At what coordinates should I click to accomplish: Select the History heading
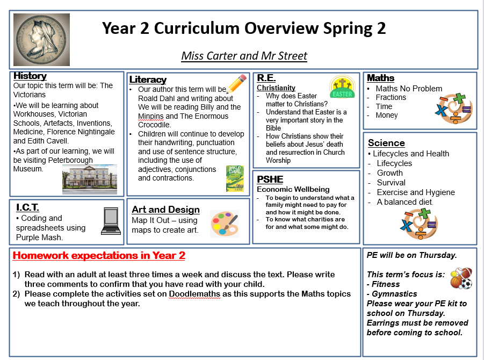[30, 76]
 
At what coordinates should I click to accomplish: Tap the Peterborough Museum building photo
[89, 179]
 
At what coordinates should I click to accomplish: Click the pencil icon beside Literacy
[236, 84]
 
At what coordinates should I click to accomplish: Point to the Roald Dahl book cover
[235, 178]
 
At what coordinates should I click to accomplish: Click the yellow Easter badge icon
[342, 88]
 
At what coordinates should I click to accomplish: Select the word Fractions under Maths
[391, 97]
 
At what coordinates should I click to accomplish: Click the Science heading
[386, 143]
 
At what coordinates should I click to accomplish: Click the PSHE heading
[270, 179]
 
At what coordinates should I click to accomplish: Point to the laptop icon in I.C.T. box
[111, 221]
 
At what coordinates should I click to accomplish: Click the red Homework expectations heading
[99, 256]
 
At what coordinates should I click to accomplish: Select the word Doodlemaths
[195, 294]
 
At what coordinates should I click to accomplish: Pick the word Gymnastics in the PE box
[394, 294]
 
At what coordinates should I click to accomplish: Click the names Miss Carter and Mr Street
[244, 56]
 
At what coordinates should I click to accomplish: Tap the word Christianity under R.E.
[276, 88]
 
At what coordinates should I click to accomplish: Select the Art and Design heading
[165, 210]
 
